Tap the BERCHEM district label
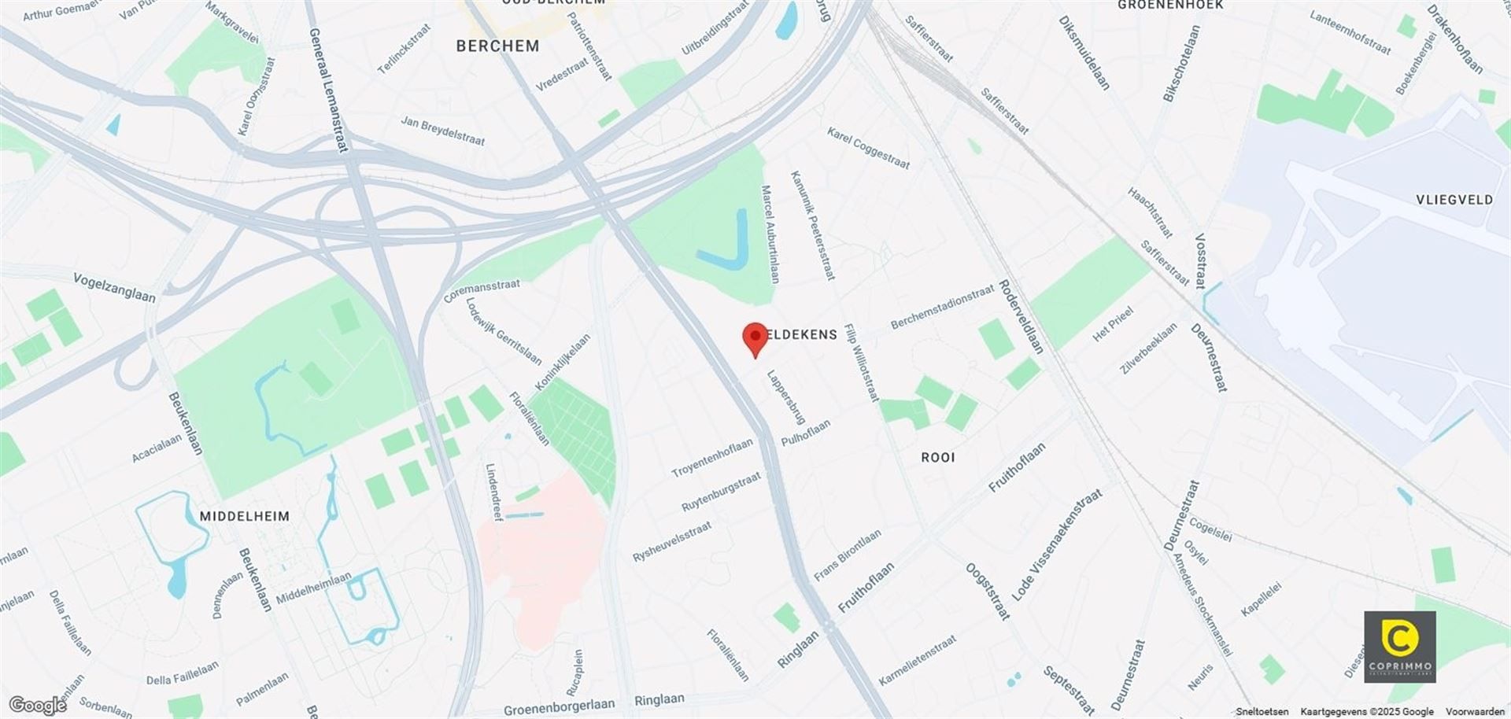[497, 46]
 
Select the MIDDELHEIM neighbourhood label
[244, 516]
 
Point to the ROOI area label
[937, 457]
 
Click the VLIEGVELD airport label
[1454, 200]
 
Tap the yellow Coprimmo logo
[1399, 646]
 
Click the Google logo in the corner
[37, 705]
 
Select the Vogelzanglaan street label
[114, 287]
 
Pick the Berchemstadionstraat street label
[942, 308]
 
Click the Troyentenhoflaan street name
[711, 459]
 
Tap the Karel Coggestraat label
[868, 148]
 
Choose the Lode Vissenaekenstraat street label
[1056, 545]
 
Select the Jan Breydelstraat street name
[442, 131]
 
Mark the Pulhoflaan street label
[805, 433]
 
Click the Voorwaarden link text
[1475, 712]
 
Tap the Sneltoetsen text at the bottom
[1262, 712]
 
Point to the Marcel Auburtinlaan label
[770, 234]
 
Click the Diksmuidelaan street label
[1084, 53]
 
